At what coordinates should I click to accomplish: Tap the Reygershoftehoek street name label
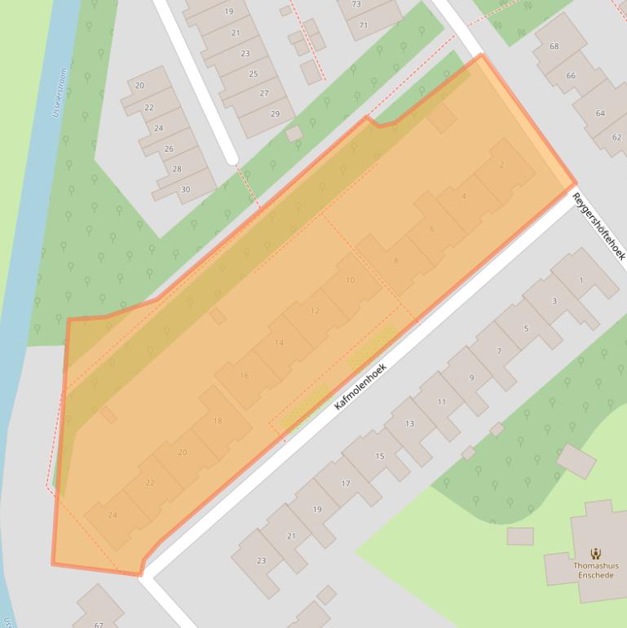[598, 226]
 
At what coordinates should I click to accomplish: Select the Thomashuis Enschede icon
[596, 553]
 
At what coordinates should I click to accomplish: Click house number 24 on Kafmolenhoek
[113, 515]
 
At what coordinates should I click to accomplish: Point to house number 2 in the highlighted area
[501, 165]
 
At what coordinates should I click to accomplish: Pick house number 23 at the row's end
[261, 561]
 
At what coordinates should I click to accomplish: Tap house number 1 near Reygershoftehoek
[581, 281]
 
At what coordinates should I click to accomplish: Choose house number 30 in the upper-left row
[185, 189]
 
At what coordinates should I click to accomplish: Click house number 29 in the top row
[275, 113]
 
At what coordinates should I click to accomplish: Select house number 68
[554, 46]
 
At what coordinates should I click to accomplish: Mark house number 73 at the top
[356, 5]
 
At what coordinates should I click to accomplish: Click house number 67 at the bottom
[99, 624]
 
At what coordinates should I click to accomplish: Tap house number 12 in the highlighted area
[315, 311]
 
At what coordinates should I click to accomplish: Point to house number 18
[217, 421]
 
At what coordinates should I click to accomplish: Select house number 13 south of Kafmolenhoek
[409, 423]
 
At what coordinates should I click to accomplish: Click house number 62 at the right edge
[616, 139]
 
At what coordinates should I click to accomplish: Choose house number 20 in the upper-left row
[139, 86]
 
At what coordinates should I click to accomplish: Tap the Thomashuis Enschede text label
[596, 570]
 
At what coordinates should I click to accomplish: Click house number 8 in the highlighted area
[395, 260]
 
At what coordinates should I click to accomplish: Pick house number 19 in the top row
[229, 11]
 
